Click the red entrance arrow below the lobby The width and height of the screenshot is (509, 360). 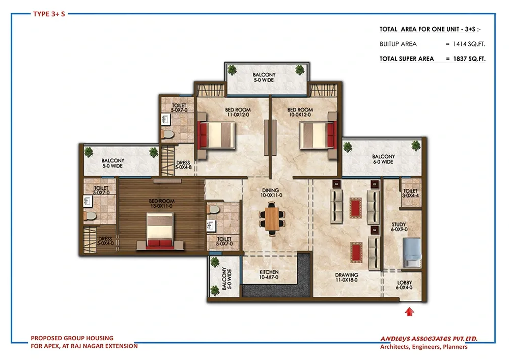coord(410,312)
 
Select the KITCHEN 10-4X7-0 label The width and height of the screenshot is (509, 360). coord(269,274)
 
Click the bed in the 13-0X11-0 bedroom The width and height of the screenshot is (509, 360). coord(160,230)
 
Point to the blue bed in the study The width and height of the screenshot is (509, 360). coord(412,253)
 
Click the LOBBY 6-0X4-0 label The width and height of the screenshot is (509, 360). coord(404,285)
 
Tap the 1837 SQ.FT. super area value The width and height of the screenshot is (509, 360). coord(469,59)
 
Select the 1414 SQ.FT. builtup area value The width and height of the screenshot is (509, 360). coord(469,44)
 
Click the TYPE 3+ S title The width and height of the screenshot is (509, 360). coord(49,14)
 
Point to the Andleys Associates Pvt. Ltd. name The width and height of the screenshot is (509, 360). coord(429,339)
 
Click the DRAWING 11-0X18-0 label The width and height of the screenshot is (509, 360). coord(347,277)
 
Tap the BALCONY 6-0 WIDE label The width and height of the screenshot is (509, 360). coord(383,159)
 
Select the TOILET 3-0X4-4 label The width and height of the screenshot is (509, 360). coord(410,193)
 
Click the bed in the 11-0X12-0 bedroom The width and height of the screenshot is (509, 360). coord(216,135)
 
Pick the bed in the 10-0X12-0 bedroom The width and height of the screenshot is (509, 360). coord(318,135)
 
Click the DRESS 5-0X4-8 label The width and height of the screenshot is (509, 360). coord(183,165)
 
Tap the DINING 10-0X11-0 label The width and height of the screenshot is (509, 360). coord(271,193)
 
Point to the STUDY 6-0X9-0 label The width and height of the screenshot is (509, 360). coord(399,227)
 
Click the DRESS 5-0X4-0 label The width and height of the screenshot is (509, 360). coord(105,241)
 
